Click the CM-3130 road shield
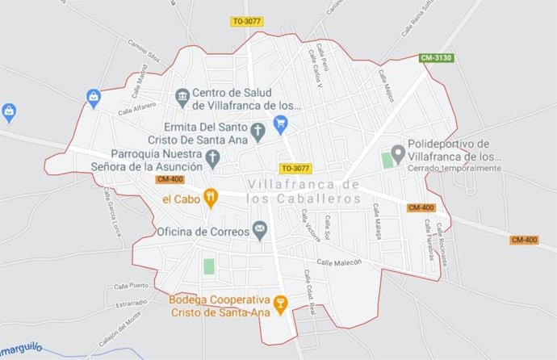tap(437, 58)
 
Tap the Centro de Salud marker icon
tap(182, 98)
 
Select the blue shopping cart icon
tap(280, 123)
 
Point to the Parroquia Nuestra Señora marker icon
tap(213, 159)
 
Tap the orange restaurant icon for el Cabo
tap(211, 197)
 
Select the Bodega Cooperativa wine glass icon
tap(280, 304)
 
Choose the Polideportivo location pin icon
tap(397, 153)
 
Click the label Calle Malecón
tap(338, 262)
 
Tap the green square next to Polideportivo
tap(387, 160)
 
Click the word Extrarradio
tap(132, 303)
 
